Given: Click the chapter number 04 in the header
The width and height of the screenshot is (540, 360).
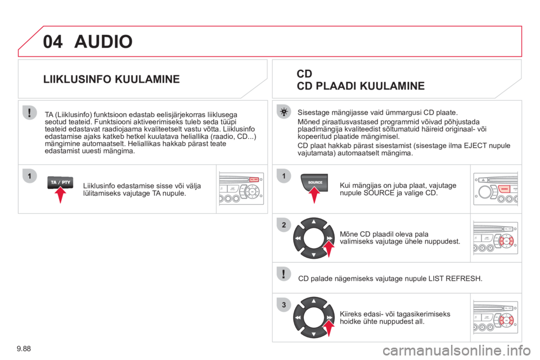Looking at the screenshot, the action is (53, 42).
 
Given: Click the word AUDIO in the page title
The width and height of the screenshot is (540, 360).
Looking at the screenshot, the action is (103, 42).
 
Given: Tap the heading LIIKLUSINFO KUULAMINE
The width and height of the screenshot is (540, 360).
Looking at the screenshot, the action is (111, 79).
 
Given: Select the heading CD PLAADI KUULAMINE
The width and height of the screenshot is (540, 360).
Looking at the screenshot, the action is (361, 85).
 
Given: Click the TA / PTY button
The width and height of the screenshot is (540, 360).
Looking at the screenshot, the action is (60, 182).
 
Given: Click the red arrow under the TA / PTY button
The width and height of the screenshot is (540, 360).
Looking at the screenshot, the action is (60, 195).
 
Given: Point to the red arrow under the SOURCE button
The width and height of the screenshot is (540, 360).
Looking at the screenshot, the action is (314, 195).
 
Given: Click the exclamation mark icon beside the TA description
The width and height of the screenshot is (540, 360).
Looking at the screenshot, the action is (30, 112).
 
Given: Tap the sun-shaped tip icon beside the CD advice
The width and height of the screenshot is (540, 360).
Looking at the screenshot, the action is (283, 112).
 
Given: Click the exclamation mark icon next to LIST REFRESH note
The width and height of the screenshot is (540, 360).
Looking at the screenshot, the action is (283, 274).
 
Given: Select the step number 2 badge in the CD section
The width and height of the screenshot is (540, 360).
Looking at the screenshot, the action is (283, 225).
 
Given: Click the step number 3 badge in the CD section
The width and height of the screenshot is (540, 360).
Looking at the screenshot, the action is (283, 305).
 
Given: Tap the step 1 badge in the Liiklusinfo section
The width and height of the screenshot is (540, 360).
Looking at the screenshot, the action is (30, 176).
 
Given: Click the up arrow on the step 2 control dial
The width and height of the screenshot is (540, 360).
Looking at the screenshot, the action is (314, 222).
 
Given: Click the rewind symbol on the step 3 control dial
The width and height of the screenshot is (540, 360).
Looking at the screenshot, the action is (298, 318).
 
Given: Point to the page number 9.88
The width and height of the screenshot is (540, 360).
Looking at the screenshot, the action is (24, 349).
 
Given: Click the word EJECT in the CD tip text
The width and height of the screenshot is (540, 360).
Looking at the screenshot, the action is (475, 146).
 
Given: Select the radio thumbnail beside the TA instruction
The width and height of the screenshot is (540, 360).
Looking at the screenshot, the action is (241, 189).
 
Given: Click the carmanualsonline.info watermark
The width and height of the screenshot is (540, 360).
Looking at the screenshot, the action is (457, 350).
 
